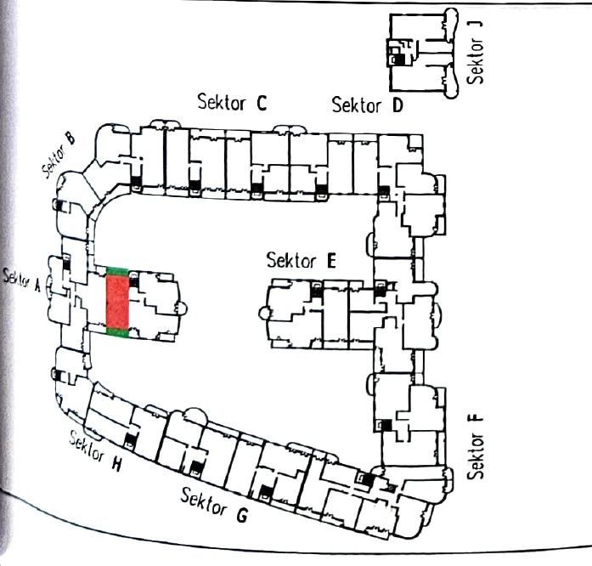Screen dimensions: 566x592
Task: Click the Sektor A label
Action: [22, 279]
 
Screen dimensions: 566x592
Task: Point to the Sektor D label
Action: [367, 105]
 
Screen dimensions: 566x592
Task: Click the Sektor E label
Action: [301, 260]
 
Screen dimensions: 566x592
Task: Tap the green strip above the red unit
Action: [117, 270]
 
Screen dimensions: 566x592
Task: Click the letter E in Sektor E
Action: [330, 261]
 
